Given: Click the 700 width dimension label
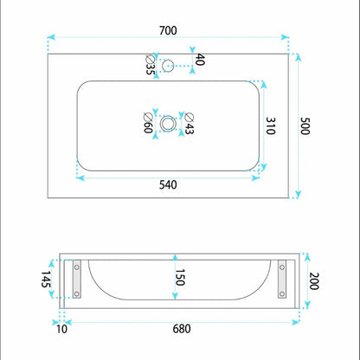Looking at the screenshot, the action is (x=168, y=30).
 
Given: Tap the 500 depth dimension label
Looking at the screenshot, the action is (x=305, y=125).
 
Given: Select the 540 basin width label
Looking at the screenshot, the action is (x=168, y=185).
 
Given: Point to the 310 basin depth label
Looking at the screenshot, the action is (x=270, y=125).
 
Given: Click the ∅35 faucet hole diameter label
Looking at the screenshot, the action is (x=150, y=65).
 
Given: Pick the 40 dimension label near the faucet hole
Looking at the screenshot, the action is (x=200, y=60).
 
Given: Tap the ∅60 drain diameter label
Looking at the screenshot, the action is (x=148, y=123).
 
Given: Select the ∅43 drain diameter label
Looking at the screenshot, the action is (x=190, y=124).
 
